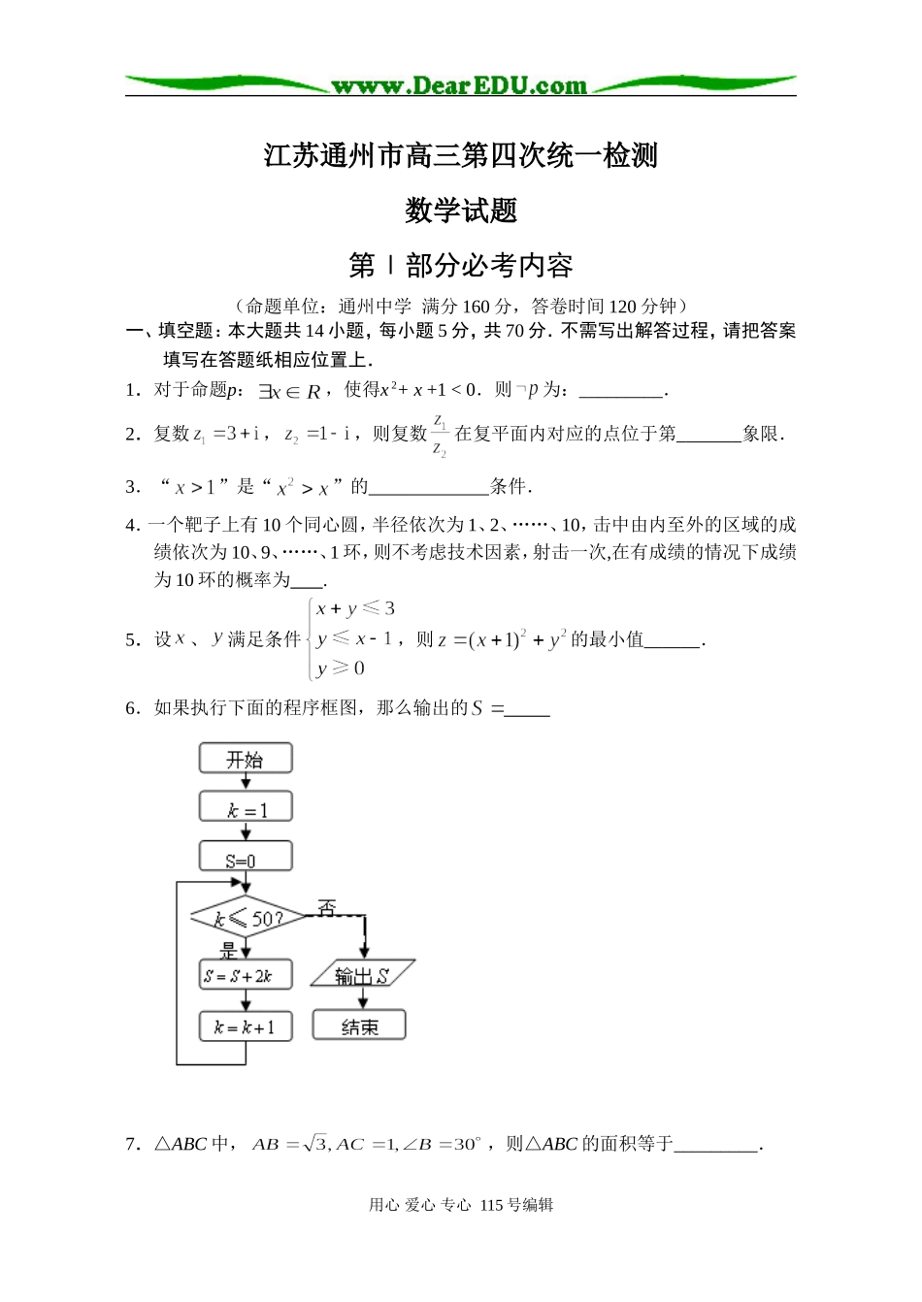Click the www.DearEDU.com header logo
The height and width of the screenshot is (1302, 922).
point(459,86)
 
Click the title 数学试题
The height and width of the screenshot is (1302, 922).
point(461,211)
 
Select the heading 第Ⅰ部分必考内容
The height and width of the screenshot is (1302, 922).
point(461,265)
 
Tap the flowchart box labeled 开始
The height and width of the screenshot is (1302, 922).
point(246,759)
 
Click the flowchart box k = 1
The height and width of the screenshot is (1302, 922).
point(246,808)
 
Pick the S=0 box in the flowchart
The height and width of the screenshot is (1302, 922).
point(246,858)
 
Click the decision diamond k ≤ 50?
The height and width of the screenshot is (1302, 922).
point(247,917)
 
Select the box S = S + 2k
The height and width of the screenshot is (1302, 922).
point(246,976)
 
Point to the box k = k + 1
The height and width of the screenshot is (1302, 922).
point(246,1026)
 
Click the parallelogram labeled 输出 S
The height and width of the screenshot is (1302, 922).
point(362,975)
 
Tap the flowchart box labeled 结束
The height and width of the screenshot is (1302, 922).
point(359,1026)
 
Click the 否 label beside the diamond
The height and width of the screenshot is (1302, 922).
point(327,908)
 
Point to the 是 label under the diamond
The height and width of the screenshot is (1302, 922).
point(229,949)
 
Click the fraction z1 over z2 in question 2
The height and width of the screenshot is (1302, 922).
point(440,436)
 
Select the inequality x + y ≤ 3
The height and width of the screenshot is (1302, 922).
point(355,609)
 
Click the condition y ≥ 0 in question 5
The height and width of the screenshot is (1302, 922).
point(341,668)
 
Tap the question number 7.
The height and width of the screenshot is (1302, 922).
point(132,1145)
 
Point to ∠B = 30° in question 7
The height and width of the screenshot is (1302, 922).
point(442,1145)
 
